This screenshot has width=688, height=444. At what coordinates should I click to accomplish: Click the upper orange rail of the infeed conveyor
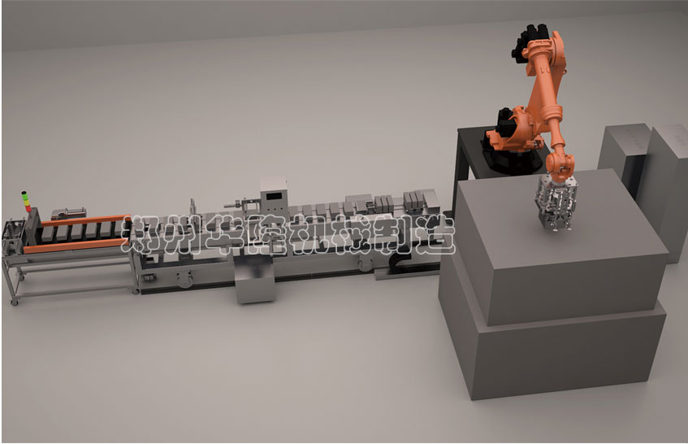point(84,220)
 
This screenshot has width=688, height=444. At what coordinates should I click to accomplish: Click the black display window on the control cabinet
point(275,195)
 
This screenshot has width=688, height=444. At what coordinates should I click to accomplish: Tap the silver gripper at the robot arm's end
point(554,203)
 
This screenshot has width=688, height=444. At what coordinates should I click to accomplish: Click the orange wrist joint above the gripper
point(560,166)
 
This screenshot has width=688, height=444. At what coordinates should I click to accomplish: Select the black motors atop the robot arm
point(528,41)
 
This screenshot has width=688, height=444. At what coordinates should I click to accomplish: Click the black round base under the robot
point(511,159)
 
